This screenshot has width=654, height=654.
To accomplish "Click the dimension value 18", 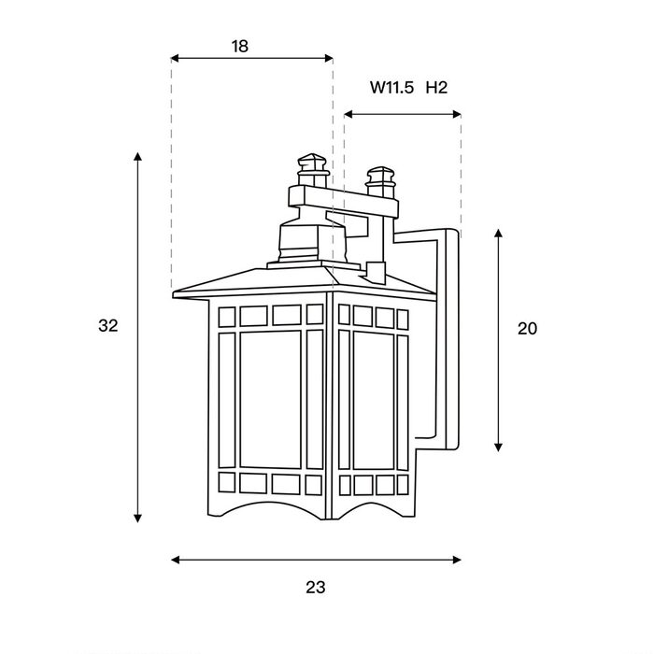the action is click(x=240, y=47).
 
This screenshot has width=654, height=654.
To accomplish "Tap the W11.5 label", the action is click(x=391, y=88).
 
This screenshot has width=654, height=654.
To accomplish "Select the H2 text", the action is click(x=436, y=88).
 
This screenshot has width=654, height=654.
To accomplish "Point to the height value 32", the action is click(x=108, y=326).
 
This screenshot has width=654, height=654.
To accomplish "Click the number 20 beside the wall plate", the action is click(x=527, y=329).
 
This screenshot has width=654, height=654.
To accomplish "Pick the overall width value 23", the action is click(x=316, y=588).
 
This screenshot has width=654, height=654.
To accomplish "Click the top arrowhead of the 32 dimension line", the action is click(x=137, y=156).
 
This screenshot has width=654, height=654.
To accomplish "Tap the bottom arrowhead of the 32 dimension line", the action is click(x=137, y=519).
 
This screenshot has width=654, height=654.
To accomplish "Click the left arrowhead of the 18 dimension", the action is click(x=176, y=58).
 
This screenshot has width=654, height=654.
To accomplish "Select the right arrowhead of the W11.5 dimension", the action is click(x=457, y=114).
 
